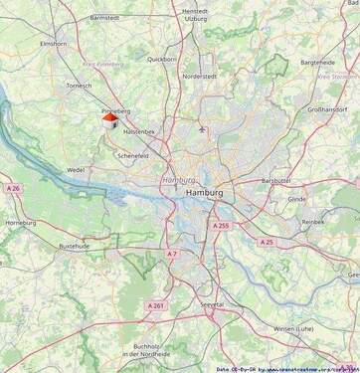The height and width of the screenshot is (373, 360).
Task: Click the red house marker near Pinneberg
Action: pyautogui.click(x=110, y=119)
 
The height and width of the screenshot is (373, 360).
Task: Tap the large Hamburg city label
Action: pyautogui.click(x=204, y=192)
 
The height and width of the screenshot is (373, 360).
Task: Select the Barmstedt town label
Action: pyautogui.click(x=104, y=18)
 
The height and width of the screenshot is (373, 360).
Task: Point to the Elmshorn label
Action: pyautogui.click(x=52, y=45)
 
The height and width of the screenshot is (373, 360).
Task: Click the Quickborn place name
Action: pyautogui.click(x=161, y=59)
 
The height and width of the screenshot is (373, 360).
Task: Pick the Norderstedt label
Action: pyautogui.click(x=199, y=77)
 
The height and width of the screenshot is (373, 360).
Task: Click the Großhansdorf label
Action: pyautogui.click(x=330, y=109)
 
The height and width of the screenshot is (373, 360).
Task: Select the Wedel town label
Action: pyautogui.click(x=76, y=170)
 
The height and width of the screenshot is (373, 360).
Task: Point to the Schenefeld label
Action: pyautogui.click(x=132, y=156)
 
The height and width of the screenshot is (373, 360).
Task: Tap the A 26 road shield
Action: pyautogui.click(x=13, y=188)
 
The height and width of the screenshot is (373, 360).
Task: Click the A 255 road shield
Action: pyautogui.click(x=221, y=226)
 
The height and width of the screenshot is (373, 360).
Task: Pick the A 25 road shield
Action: pyautogui.click(x=267, y=242)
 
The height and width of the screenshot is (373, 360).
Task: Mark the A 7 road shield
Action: pyautogui.click(x=172, y=254)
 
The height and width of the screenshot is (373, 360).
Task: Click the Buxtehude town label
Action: pyautogui.click(x=75, y=245)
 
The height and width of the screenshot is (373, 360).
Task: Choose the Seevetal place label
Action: pyautogui.click(x=212, y=304)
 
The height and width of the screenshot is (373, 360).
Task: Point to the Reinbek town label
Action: pyautogui.click(x=313, y=222)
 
